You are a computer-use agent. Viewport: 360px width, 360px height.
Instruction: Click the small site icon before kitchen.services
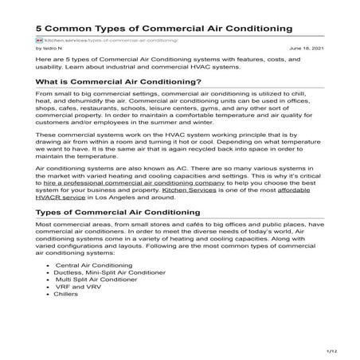(x=39, y=38)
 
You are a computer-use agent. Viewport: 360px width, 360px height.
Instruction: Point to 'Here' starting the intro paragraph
(x=45, y=60)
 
